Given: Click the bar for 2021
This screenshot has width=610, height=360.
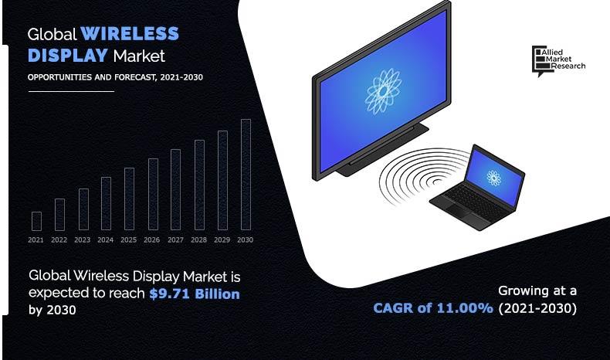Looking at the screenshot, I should click(x=36, y=221).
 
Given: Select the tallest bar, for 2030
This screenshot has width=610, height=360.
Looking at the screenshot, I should click(x=246, y=175).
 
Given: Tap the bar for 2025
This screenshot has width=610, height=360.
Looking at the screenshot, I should click(x=129, y=199).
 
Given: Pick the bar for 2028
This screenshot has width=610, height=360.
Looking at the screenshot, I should click(x=199, y=185).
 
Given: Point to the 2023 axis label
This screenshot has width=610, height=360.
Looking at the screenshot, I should click(x=83, y=240).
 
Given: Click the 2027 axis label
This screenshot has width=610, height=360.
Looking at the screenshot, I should click(x=175, y=240).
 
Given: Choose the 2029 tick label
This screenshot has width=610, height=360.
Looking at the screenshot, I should click(x=222, y=240).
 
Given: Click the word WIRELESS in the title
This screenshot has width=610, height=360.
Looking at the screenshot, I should click(x=130, y=35).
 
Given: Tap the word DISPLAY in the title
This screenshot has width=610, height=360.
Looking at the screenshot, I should click(x=68, y=56).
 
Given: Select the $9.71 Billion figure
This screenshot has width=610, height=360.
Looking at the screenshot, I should click(x=195, y=294).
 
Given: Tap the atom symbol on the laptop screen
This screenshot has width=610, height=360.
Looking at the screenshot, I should click(x=493, y=178).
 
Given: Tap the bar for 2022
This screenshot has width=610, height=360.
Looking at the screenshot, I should click(x=59, y=215).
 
